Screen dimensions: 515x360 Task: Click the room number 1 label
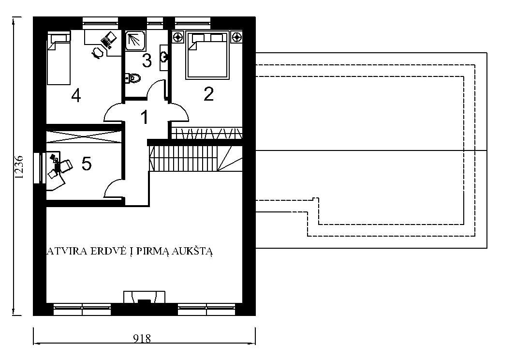point(144,118)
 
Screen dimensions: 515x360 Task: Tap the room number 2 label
point(208,94)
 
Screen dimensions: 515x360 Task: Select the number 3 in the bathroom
point(147,60)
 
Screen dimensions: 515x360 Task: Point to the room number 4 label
point(76,95)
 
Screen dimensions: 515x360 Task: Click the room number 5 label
point(87,164)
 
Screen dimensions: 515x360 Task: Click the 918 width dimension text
point(142,338)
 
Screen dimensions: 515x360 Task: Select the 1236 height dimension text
point(19,166)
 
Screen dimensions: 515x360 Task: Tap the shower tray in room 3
point(134,41)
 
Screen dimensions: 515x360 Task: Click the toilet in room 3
point(132,78)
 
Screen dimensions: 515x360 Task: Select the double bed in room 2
point(207,55)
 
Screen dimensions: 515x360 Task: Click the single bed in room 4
point(59,58)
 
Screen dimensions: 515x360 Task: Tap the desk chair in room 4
point(97,53)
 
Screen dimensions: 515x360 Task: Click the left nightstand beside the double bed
point(178,37)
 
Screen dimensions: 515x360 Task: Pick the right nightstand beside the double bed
point(236,37)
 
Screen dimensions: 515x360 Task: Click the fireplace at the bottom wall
point(144,297)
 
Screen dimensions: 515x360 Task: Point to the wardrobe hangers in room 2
point(207,133)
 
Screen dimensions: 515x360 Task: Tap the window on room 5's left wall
point(39,167)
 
